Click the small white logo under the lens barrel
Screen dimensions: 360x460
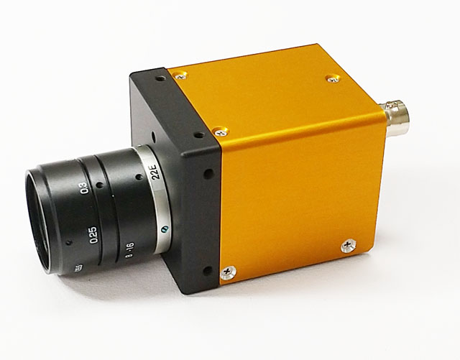pos(77,268)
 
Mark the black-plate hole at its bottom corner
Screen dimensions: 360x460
pos(208,270)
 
